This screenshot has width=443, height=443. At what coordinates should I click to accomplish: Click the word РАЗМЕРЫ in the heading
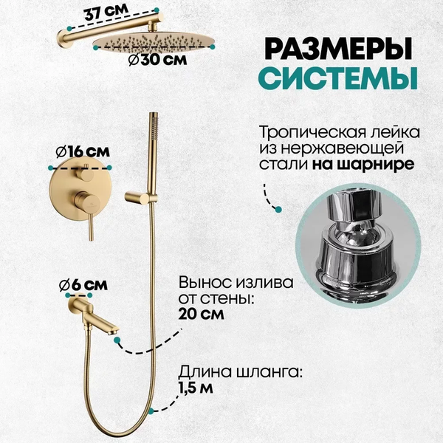coord(337,49)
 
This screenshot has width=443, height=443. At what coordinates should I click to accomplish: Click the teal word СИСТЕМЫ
coord(337,77)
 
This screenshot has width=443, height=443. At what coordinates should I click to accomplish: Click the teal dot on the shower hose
coord(151,408)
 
